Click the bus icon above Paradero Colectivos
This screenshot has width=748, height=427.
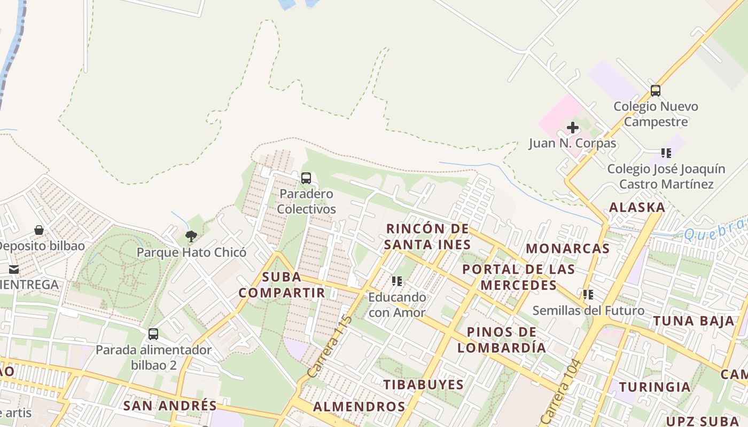click(x=306, y=178)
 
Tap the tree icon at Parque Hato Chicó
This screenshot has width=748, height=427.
click(x=191, y=236)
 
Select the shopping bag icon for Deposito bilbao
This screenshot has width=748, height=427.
click(x=39, y=230)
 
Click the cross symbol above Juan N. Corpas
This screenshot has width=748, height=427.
click(x=572, y=128)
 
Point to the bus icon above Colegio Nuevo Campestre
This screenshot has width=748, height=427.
click(x=656, y=91)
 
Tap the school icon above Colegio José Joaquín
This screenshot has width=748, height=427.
click(x=666, y=153)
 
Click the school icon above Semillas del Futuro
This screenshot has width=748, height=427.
click(x=588, y=295)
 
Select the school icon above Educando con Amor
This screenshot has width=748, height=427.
click(x=396, y=281)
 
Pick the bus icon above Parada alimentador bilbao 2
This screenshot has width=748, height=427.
click(x=153, y=334)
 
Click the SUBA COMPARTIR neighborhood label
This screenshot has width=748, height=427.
click(x=282, y=285)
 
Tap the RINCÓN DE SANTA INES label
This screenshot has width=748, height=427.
click(x=428, y=237)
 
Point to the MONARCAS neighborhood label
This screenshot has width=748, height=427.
click(x=567, y=248)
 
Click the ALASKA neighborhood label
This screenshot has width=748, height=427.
click(x=637, y=208)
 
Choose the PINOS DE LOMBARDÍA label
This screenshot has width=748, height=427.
click(x=502, y=340)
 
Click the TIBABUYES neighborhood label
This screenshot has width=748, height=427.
click(x=423, y=385)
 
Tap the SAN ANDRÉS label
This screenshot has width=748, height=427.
click(x=170, y=406)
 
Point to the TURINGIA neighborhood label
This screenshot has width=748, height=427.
click(x=654, y=387)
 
